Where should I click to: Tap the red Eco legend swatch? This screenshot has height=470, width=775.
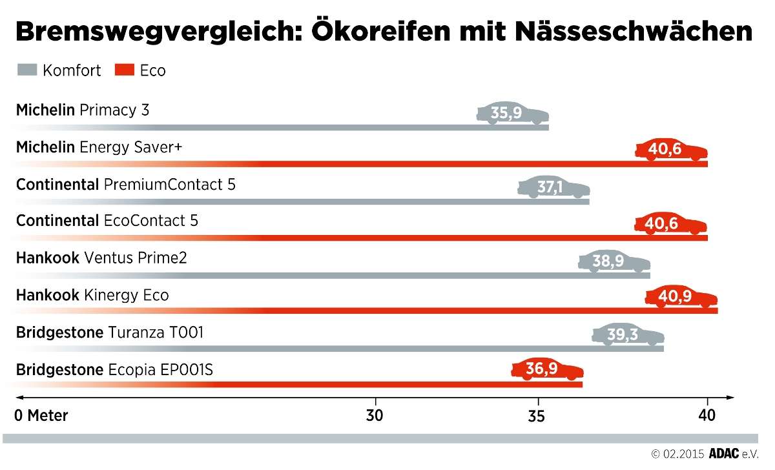pyautogui.click(x=124, y=70)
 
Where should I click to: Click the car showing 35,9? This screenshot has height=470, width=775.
pyautogui.click(x=512, y=114)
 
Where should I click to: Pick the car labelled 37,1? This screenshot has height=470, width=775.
pyautogui.click(x=553, y=188)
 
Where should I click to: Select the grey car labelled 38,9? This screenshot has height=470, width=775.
pyautogui.click(x=613, y=261)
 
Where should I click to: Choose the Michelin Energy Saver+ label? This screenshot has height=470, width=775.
pyautogui.click(x=99, y=148)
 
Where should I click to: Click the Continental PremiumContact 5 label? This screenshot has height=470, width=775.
pyautogui.click(x=125, y=185)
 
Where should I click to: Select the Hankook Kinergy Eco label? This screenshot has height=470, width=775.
pyautogui.click(x=92, y=296)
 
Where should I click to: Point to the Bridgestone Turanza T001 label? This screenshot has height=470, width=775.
pyautogui.click(x=110, y=332)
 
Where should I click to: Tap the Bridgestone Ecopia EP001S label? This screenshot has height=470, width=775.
pyautogui.click(x=114, y=370)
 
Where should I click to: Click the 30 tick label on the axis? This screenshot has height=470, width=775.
pyautogui.click(x=375, y=416)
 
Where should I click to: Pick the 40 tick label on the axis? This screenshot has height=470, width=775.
pyautogui.click(x=707, y=416)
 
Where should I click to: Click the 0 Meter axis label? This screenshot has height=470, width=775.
pyautogui.click(x=41, y=416)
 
